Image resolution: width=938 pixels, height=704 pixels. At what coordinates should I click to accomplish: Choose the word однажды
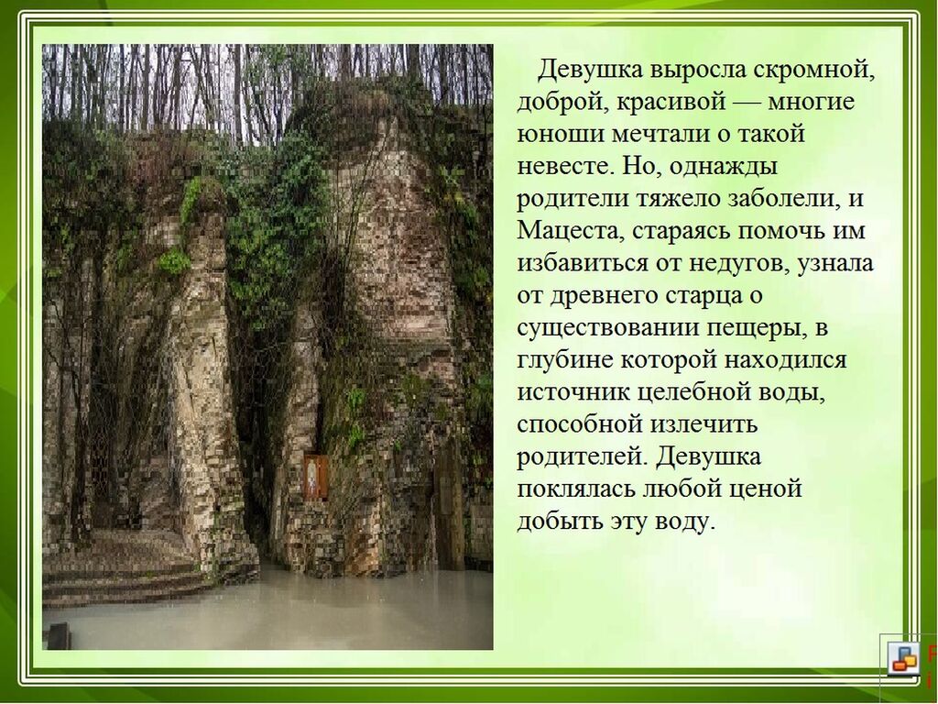coord(723,167)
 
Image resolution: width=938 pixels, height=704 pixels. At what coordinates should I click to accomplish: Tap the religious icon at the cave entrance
coord(316,477)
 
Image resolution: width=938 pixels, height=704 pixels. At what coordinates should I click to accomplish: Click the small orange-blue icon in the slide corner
coord(904,657)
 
